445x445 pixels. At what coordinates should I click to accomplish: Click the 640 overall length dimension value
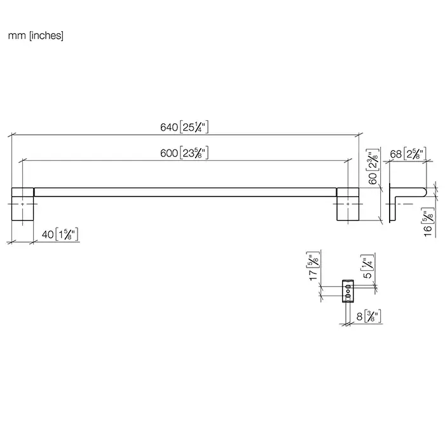click(x=169, y=127)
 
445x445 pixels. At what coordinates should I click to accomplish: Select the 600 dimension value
click(x=169, y=153)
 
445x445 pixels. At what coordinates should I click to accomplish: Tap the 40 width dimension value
click(x=48, y=235)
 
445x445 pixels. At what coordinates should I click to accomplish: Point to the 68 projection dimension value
click(x=395, y=154)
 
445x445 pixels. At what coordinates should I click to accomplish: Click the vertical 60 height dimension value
click(x=373, y=178)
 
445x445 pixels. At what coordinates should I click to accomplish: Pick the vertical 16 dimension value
click(x=428, y=230)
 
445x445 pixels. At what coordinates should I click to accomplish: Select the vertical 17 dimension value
click(x=313, y=275)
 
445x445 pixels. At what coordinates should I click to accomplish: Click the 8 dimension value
click(x=360, y=317)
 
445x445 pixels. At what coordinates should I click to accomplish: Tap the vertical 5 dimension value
click(x=367, y=275)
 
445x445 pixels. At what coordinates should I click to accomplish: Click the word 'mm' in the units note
click(x=17, y=36)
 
